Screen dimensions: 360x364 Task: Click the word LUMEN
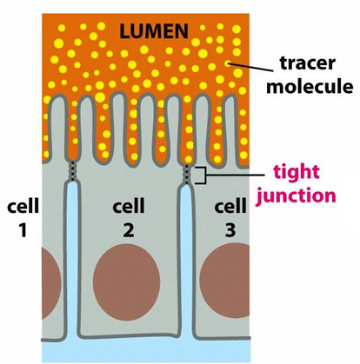click(x=154, y=31)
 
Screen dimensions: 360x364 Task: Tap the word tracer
click(x=308, y=63)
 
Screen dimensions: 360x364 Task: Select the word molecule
click(x=310, y=86)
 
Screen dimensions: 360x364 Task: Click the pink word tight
click(x=297, y=173)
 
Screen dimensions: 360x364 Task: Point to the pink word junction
click(x=297, y=196)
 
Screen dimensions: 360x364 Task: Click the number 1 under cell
click(x=23, y=230)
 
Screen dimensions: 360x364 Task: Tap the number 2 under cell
click(x=129, y=230)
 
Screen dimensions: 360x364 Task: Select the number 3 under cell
click(x=230, y=230)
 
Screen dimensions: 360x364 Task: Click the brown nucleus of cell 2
click(x=126, y=281)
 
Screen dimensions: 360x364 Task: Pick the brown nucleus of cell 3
click(x=225, y=281)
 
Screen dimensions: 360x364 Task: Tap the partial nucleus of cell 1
click(x=51, y=283)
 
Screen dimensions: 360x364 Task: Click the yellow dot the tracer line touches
click(x=229, y=63)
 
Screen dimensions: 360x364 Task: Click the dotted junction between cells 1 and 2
click(x=71, y=171)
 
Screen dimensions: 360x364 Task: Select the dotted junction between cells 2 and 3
click(x=187, y=175)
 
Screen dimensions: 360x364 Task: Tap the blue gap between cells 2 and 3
click(x=186, y=261)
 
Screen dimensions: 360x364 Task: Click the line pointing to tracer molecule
click(x=251, y=67)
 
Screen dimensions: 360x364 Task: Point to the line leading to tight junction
click(x=235, y=175)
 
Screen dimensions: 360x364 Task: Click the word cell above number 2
click(x=129, y=205)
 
